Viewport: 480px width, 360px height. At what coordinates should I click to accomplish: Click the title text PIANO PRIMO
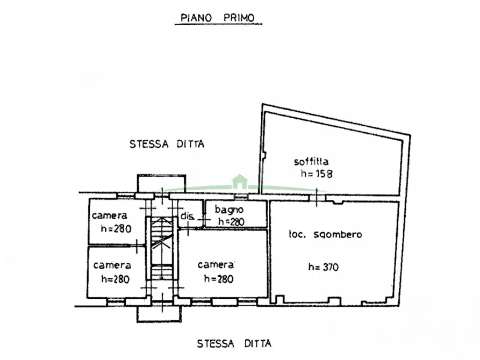coord(218,18)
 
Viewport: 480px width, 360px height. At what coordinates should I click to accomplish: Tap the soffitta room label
coord(311,161)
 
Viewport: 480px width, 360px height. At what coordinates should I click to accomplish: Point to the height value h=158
coord(317,174)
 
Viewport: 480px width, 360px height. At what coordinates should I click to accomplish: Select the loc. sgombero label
coord(325,234)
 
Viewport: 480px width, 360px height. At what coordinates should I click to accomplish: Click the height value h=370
coord(323,267)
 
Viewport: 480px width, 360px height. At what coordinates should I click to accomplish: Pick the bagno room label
coord(229,210)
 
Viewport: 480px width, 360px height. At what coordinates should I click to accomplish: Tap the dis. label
coord(188,216)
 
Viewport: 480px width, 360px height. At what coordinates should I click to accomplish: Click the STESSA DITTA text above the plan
coord(167,143)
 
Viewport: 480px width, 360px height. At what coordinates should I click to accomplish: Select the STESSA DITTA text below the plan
coord(234,343)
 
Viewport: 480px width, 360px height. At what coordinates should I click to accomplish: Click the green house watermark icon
coord(240,182)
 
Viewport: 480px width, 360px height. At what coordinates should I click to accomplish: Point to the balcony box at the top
coord(161,183)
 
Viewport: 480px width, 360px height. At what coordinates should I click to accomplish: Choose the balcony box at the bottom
coord(159,314)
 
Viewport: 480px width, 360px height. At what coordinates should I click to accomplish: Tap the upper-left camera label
coord(109,215)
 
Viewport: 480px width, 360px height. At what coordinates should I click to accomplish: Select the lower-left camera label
coord(112,265)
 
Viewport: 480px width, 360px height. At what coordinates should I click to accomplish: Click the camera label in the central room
coord(216,264)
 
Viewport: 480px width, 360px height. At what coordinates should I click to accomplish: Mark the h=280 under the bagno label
coord(231,221)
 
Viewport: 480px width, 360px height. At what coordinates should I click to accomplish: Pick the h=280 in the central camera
coord(219,279)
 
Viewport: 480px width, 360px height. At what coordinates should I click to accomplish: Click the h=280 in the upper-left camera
coord(116,228)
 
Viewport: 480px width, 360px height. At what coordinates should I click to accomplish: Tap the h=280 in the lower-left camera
coord(115,279)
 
